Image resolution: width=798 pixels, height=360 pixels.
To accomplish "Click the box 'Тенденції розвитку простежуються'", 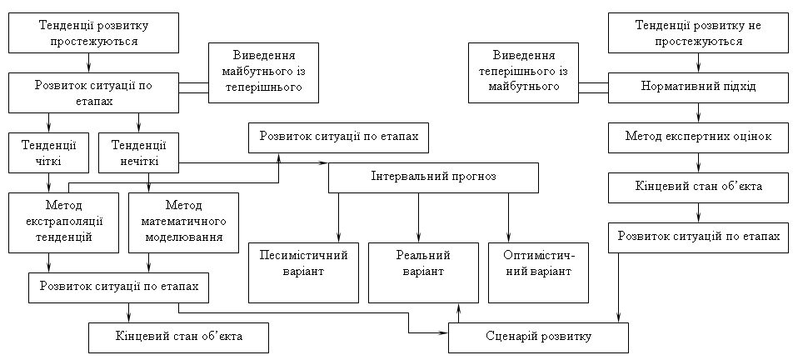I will (88, 32).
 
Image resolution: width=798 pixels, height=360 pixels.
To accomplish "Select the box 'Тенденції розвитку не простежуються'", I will (698, 32).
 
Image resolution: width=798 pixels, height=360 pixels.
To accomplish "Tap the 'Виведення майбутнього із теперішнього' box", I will (263, 72).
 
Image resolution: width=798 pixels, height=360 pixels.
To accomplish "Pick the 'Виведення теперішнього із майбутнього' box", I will (523, 72).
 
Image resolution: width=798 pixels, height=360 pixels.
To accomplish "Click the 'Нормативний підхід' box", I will (698, 87).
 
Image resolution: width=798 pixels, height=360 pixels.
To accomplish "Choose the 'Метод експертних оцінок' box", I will (698, 136).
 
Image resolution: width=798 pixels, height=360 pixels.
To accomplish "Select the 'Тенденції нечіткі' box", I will (138, 152).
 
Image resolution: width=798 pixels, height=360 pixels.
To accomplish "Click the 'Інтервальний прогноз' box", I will (432, 177).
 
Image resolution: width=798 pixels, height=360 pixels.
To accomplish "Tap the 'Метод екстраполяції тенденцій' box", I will (63, 222).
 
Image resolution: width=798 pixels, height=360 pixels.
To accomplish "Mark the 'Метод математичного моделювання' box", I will (183, 222).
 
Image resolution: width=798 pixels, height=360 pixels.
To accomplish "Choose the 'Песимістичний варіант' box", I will (303, 271).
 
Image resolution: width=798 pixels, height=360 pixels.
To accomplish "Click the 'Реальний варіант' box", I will (423, 271).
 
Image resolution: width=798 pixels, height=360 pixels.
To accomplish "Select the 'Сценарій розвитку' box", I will (538, 337).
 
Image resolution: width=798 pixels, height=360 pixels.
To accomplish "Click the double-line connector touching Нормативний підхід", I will (594, 87).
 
